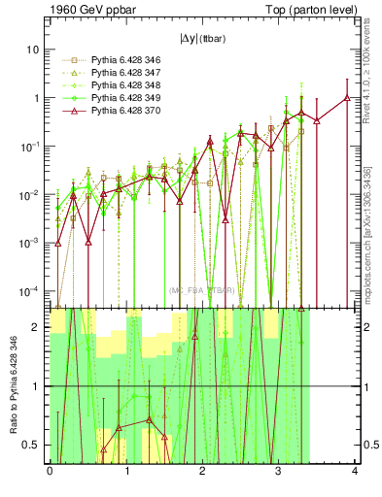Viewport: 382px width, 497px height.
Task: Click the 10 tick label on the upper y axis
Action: coord(34,50)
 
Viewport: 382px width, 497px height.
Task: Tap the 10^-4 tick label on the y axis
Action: coord(31,290)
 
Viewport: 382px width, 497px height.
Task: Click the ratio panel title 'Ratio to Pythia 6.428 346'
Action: coord(13,388)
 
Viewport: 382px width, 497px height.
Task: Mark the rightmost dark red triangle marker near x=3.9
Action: coord(347,97)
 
